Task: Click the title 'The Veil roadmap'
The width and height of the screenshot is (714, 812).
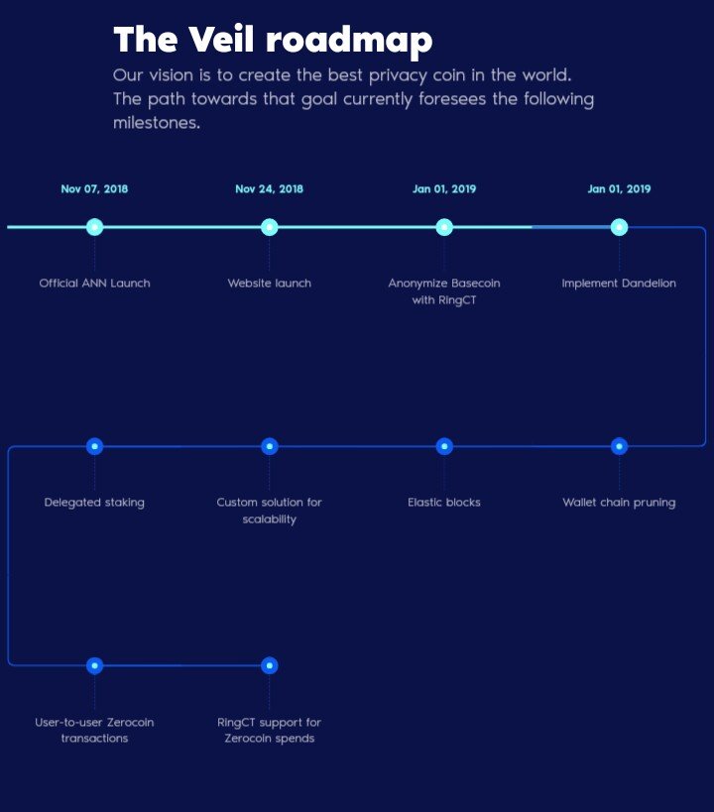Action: (x=273, y=40)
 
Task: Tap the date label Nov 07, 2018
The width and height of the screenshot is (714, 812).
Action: (x=94, y=189)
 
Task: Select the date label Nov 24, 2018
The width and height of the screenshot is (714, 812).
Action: (x=269, y=189)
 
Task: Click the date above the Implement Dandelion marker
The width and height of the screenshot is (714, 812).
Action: (x=619, y=189)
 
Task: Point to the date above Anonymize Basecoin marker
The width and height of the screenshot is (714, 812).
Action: (x=444, y=189)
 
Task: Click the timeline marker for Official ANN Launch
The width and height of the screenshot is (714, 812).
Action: (x=94, y=227)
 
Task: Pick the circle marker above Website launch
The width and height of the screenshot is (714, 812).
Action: (x=269, y=227)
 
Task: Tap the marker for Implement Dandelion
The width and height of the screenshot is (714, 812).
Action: (x=619, y=227)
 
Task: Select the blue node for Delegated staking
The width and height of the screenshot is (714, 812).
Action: (x=94, y=446)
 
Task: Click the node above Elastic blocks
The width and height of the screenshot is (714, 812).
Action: (x=444, y=446)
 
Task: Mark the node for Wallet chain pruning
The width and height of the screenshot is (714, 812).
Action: (x=619, y=446)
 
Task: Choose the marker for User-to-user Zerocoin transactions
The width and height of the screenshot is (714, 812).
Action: (x=94, y=665)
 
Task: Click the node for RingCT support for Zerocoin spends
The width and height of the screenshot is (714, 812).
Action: (x=269, y=665)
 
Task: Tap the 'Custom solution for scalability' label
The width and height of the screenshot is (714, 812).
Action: (x=269, y=511)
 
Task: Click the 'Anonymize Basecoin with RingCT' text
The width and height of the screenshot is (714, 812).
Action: (x=444, y=291)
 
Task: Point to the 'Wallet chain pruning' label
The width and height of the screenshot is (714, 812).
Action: (x=619, y=503)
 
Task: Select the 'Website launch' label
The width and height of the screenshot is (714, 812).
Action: (x=269, y=284)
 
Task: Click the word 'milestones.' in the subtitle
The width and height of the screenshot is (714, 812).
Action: (x=157, y=123)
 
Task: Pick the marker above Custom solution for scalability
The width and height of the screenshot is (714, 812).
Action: (x=269, y=446)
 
